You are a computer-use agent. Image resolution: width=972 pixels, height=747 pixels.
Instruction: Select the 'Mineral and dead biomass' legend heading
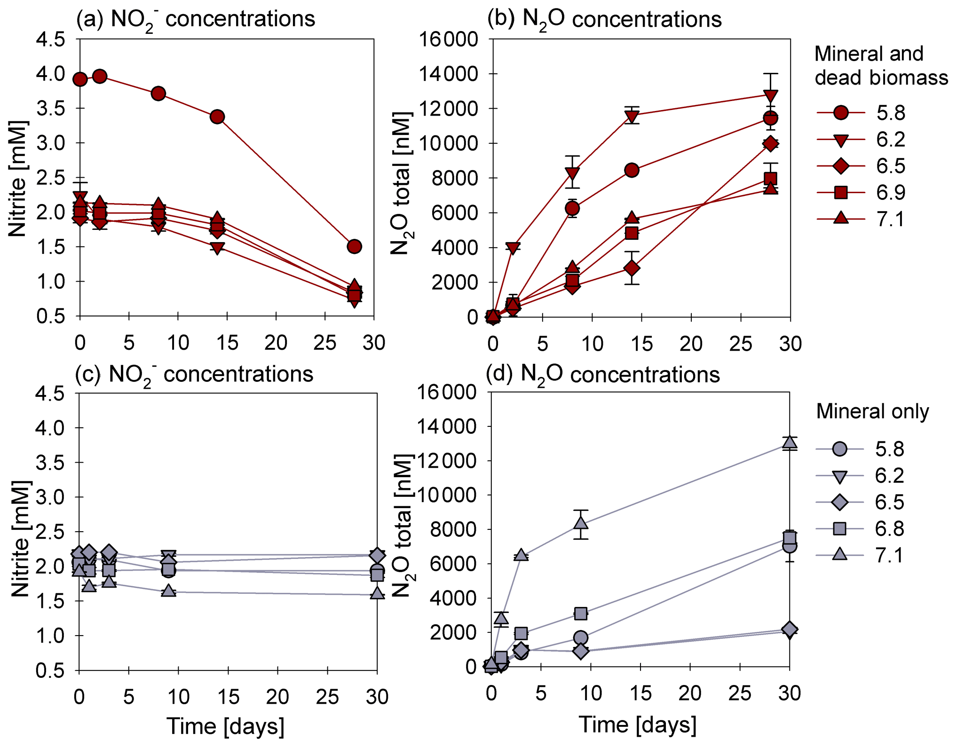click(881, 66)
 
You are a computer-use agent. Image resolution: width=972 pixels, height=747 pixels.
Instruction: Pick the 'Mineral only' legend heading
click(872, 411)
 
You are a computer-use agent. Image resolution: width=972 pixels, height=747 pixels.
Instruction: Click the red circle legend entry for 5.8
click(841, 113)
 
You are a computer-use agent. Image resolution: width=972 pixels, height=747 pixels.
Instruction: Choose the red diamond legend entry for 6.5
click(841, 166)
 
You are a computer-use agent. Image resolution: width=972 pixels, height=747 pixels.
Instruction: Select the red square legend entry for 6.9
click(841, 192)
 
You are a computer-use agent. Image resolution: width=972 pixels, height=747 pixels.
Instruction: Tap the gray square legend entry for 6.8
click(839, 529)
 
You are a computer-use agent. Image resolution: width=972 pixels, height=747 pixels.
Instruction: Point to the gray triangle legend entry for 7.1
click(839, 555)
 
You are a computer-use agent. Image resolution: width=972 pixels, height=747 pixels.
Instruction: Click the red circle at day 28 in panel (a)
click(354, 246)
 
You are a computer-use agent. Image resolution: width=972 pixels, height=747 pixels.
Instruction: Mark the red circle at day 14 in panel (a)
click(217, 117)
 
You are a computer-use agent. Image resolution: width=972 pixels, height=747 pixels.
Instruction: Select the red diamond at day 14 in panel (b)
click(632, 268)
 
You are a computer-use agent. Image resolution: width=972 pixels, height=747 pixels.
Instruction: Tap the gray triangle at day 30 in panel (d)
click(790, 442)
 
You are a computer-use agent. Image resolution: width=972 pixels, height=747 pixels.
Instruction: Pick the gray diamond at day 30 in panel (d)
click(790, 629)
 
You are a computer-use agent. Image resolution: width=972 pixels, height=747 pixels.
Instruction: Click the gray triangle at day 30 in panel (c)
click(377, 593)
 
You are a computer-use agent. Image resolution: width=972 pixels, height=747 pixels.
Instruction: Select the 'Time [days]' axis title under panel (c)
click(225, 726)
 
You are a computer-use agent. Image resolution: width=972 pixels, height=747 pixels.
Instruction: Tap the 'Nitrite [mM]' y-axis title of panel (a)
click(18, 179)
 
